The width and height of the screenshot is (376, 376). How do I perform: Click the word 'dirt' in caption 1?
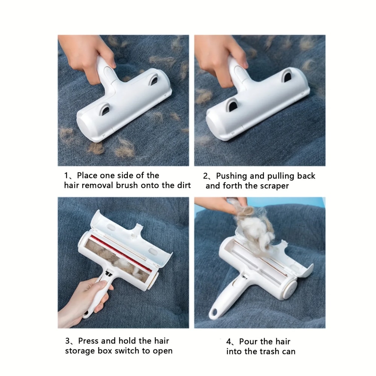[183, 185]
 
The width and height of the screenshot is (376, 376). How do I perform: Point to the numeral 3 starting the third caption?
[67, 341]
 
